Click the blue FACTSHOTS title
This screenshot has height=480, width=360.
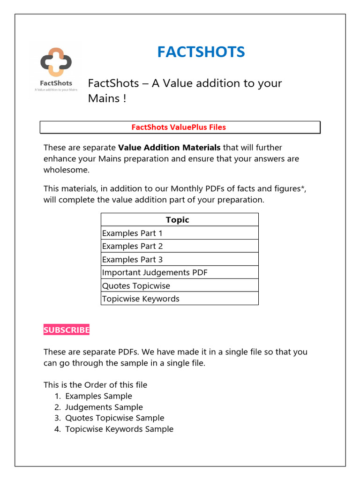(201, 52)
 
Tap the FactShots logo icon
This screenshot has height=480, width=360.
(56, 62)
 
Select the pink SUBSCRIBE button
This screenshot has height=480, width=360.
(66, 330)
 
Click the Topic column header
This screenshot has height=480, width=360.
(177, 220)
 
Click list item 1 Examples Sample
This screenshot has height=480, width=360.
(98, 396)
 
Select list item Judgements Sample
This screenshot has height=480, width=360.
(104, 407)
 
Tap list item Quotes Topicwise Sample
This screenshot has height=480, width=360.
(114, 418)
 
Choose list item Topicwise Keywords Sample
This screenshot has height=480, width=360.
(119, 429)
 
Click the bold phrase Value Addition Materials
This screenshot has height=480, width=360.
(169, 148)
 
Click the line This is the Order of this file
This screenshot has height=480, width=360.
(95, 385)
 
